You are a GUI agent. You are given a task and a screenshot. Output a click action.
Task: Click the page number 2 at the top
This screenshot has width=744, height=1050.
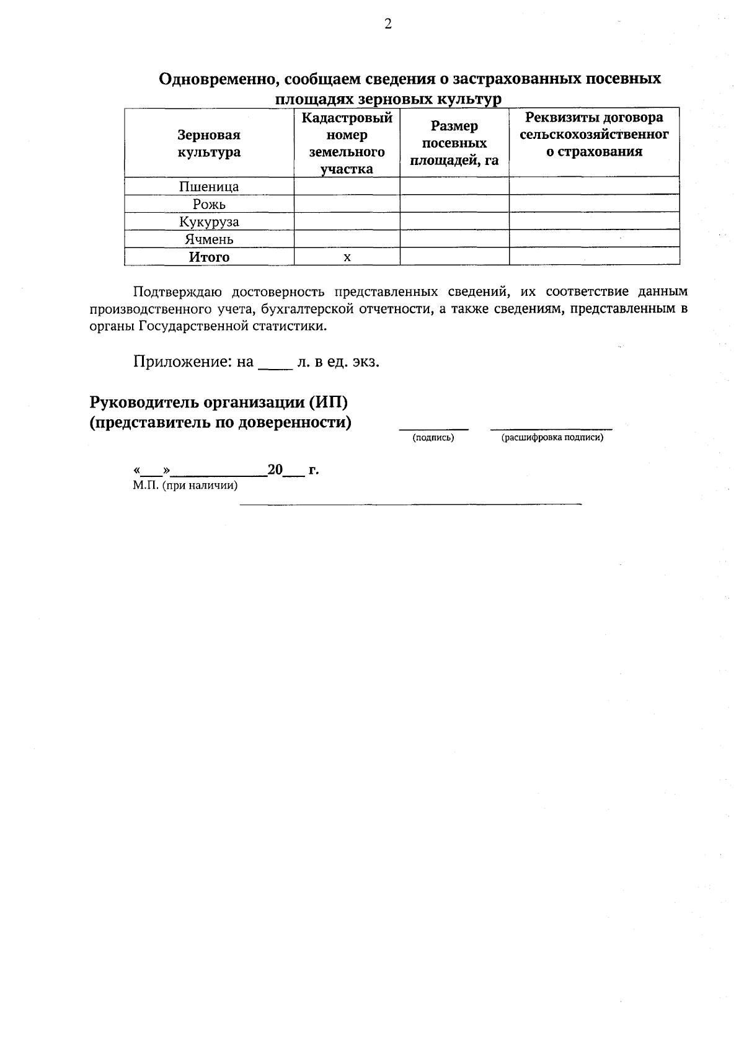(x=388, y=24)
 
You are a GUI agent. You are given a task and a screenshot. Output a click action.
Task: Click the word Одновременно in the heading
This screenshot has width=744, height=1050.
(x=215, y=79)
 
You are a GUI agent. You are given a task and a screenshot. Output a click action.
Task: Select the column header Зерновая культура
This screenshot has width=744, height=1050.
(x=209, y=143)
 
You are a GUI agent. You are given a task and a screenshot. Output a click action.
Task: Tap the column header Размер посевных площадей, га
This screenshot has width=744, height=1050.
(x=454, y=143)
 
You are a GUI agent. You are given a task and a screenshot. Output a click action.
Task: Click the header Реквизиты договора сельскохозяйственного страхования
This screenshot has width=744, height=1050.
(x=593, y=135)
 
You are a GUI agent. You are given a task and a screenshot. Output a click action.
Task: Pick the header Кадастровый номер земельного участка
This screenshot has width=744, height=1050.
(x=347, y=143)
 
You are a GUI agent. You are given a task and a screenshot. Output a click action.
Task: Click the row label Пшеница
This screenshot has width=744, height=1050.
(x=209, y=187)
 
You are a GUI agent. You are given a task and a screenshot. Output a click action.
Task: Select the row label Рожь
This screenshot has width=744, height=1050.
(x=209, y=204)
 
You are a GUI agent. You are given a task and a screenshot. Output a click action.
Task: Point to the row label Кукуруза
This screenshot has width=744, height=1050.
(x=209, y=221)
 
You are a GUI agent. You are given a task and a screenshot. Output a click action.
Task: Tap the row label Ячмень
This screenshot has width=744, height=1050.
(x=209, y=239)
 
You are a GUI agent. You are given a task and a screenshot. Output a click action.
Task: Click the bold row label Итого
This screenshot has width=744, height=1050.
(x=209, y=257)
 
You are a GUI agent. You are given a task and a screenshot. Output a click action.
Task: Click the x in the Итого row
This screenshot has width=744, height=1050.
(x=347, y=257)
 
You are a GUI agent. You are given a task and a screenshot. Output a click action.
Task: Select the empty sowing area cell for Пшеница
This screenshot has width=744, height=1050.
(x=454, y=187)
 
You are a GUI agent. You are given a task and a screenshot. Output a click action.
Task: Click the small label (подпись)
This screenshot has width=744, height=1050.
(x=433, y=438)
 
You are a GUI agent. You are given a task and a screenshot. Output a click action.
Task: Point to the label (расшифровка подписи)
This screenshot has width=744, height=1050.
(x=552, y=438)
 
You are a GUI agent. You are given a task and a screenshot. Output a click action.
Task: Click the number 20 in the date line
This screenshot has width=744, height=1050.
(x=275, y=469)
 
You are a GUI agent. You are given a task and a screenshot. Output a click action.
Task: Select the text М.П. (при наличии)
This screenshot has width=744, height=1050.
(x=185, y=486)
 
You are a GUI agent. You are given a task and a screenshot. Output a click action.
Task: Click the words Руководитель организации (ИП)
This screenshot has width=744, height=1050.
(x=219, y=403)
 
